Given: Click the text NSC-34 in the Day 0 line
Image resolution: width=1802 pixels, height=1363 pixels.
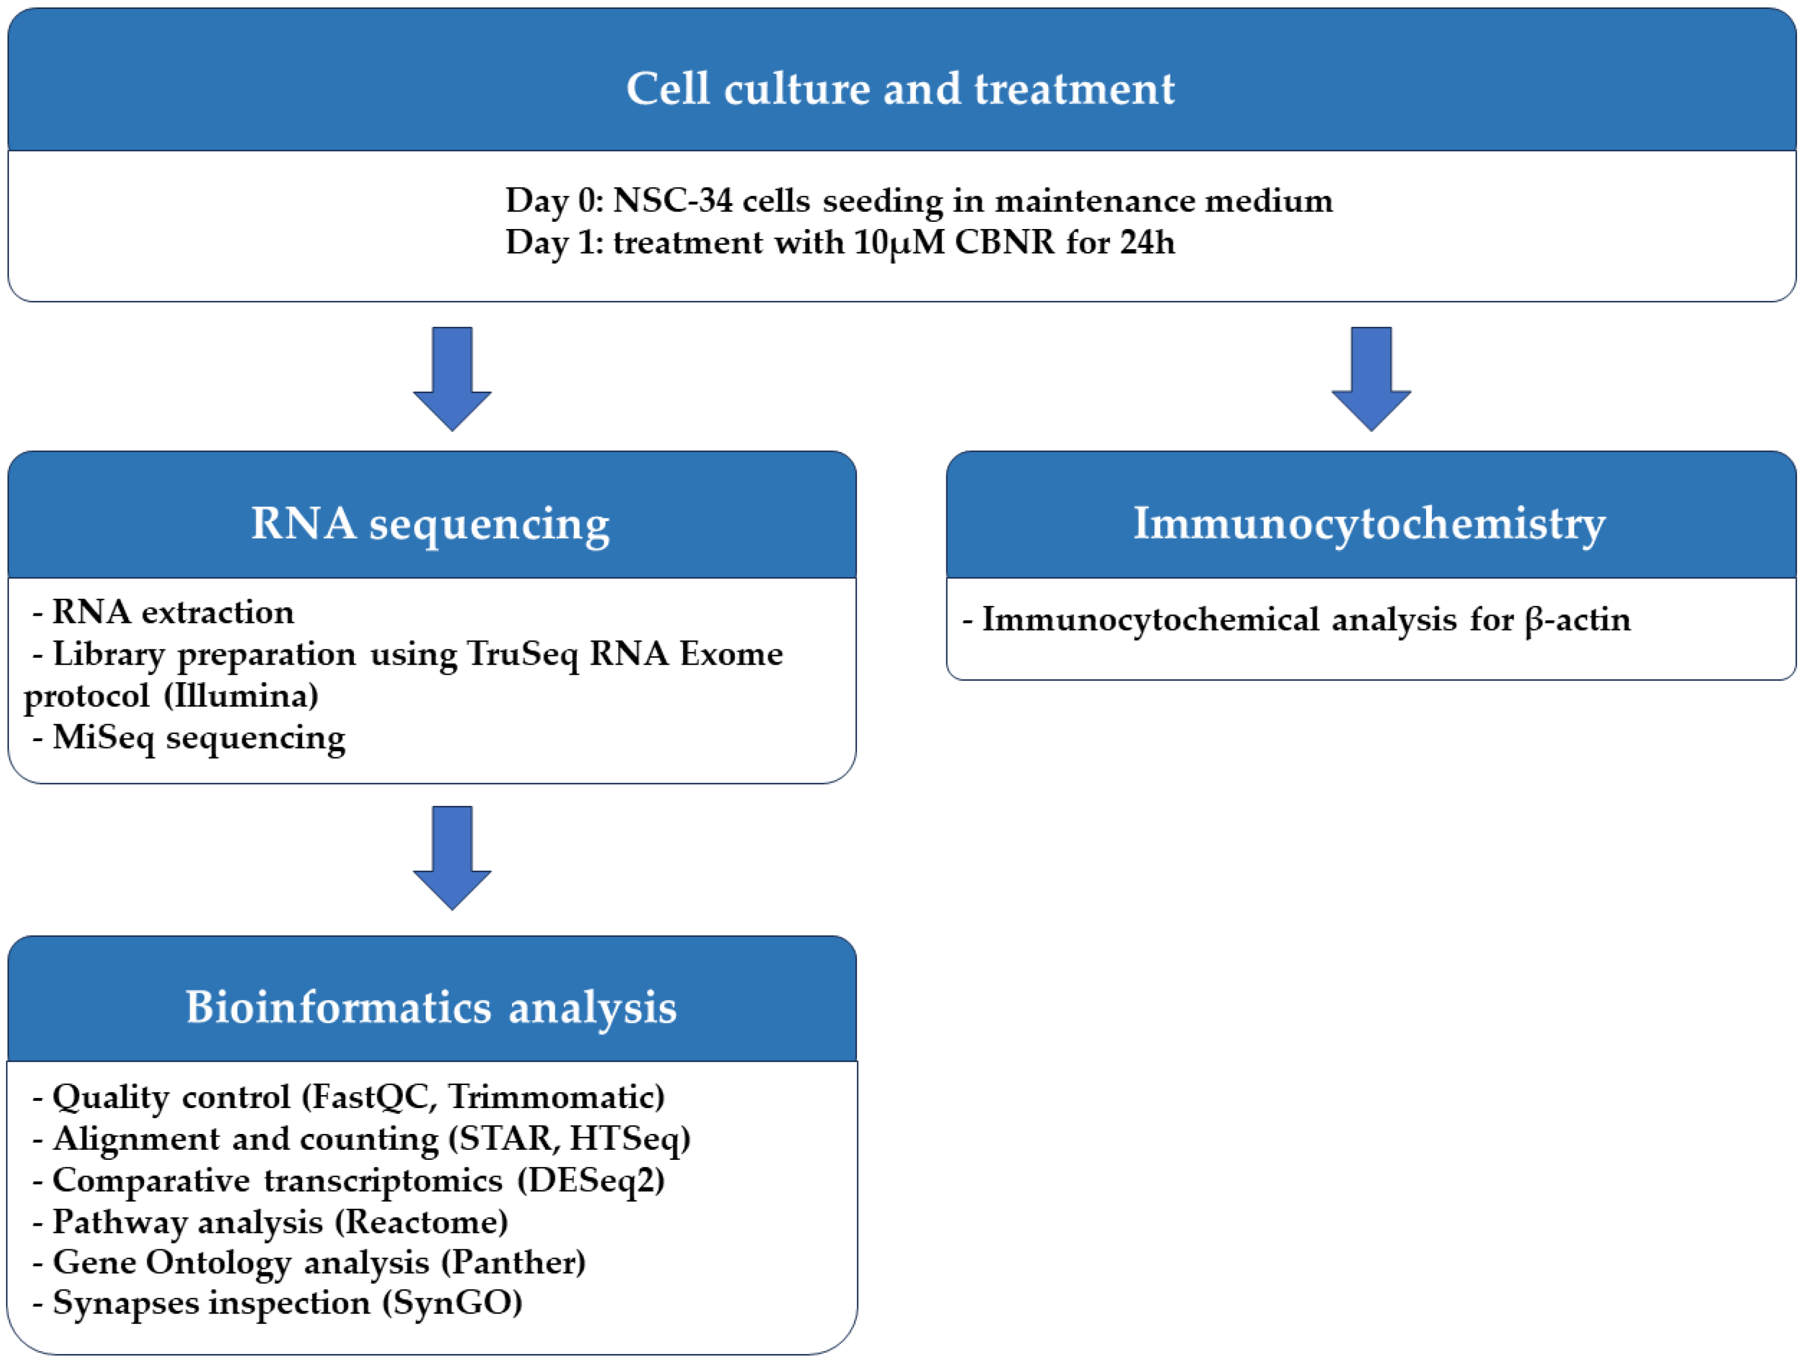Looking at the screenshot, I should click(x=673, y=200).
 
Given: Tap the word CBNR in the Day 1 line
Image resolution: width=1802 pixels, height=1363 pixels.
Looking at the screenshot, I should click(x=1004, y=242).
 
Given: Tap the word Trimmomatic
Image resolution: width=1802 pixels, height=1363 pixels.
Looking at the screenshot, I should click(x=556, y=1097).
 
